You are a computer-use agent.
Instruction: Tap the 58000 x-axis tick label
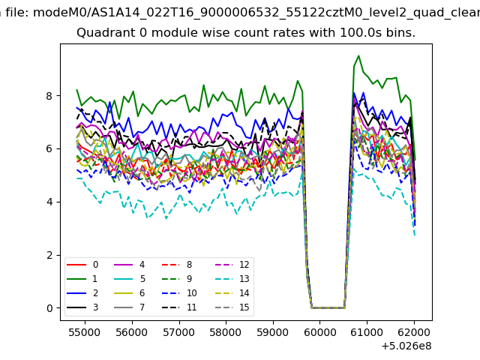225,331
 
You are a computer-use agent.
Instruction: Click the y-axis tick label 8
49,96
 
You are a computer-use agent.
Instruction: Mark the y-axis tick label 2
49,255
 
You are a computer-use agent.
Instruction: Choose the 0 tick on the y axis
49,308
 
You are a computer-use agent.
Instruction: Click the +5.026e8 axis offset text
406,345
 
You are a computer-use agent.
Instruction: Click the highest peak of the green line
358,56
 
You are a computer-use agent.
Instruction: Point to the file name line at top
240,11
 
